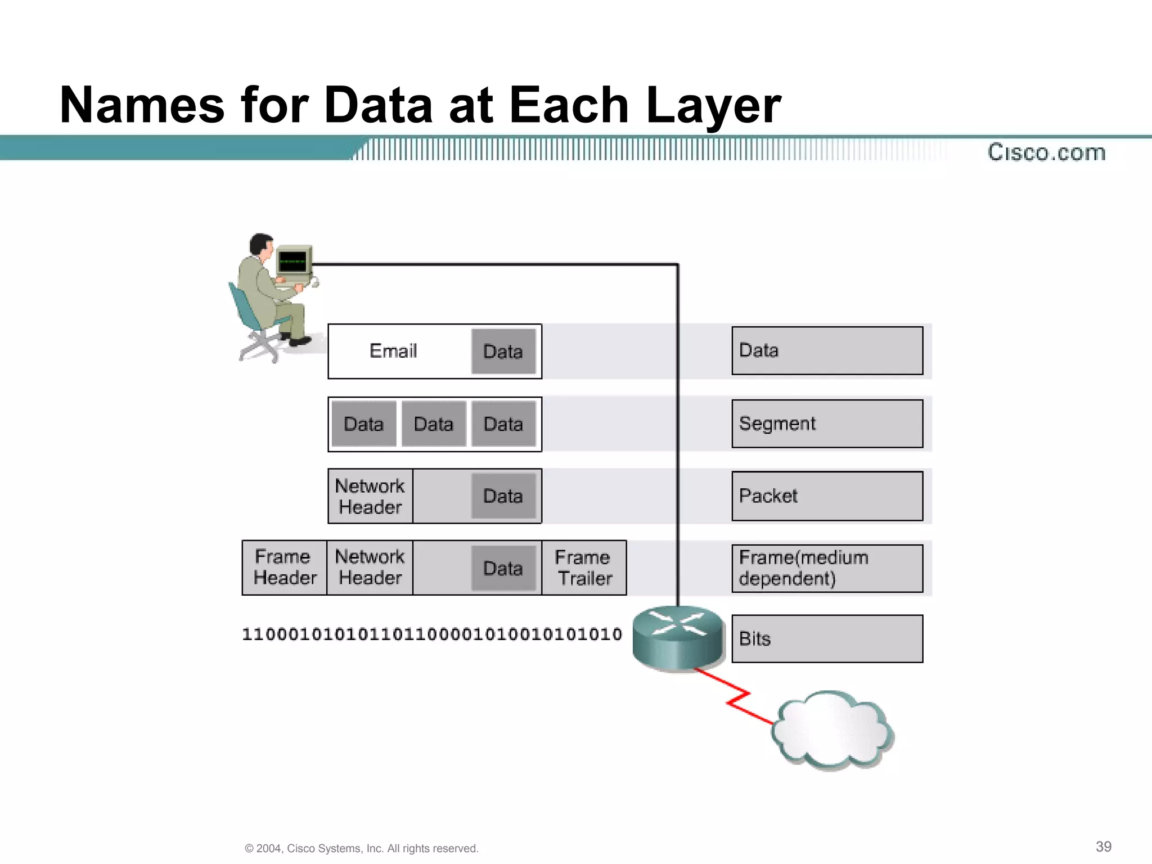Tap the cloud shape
831,730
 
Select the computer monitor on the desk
294,261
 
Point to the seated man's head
260,244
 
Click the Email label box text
393,351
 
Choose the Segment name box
827,424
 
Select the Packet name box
827,496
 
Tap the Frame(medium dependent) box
827,568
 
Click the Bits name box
827,639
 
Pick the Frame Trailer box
584,568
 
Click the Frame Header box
285,568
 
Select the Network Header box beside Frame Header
370,568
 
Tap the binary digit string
432,634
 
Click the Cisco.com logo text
1046,152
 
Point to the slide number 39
1104,847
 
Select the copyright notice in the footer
362,848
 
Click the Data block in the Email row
503,352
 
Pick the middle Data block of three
434,424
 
